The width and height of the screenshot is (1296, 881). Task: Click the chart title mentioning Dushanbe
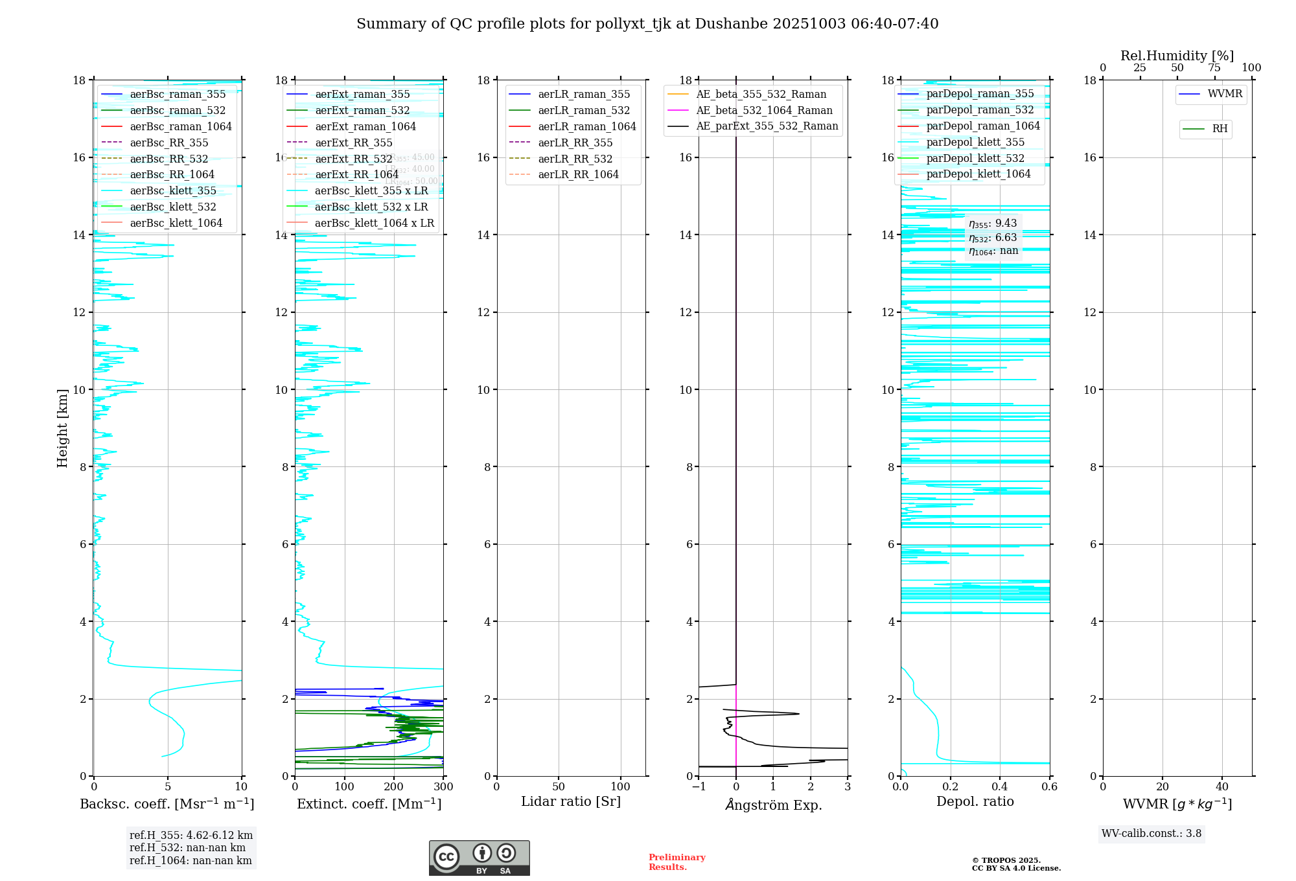coord(647,24)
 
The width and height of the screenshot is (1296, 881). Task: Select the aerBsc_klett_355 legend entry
coord(173,191)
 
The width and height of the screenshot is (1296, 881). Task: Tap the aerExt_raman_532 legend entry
coord(362,111)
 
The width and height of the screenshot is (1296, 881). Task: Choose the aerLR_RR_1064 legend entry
coord(578,175)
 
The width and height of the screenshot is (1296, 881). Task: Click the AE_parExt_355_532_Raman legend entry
coord(767,126)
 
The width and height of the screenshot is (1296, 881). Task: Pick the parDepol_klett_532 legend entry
coord(975,158)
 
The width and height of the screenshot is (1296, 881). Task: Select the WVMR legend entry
coord(1225,94)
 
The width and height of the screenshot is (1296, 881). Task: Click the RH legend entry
coord(1220,129)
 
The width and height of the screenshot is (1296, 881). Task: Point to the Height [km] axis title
coord(62,428)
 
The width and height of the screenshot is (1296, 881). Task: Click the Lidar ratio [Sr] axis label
coord(571,801)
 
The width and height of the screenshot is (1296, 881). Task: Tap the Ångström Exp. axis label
coord(773,805)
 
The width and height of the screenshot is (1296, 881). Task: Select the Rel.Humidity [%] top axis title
coord(1177,56)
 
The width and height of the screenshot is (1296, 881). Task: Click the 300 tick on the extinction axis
coord(443,787)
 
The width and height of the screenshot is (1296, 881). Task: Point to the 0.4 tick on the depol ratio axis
coord(1000,787)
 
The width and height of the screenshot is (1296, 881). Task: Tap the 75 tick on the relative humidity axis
coord(1214,68)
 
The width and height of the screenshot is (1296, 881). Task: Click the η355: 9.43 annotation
coord(993,223)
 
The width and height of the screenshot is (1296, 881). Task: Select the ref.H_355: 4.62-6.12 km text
coord(191,836)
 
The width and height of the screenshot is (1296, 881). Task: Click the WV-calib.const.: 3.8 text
coord(1151,834)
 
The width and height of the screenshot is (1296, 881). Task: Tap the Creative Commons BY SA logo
coord(479,858)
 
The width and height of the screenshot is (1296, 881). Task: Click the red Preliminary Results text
coord(677,862)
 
